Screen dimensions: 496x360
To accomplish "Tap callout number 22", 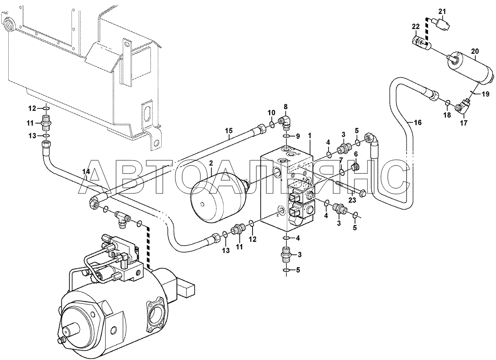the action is coord(416,27).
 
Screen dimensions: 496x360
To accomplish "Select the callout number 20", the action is coord(475,51).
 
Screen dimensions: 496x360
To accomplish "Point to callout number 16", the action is coord(417,122).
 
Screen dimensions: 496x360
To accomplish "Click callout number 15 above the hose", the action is coord(229,131).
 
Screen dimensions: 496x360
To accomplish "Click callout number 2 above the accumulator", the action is coord(211,163).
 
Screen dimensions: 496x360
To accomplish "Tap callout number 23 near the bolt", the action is coord(352,200).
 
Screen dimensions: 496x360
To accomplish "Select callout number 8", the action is coord(286,107).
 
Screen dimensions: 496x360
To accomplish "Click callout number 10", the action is coord(272,113).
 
